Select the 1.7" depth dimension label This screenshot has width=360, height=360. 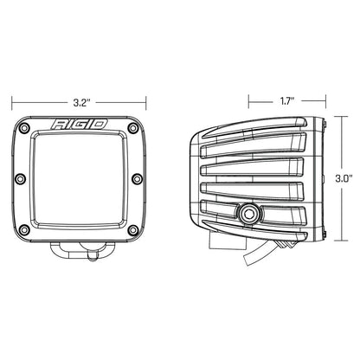click(286, 100)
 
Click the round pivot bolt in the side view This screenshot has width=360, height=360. click(250, 212)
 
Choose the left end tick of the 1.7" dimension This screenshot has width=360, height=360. click(249, 100)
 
